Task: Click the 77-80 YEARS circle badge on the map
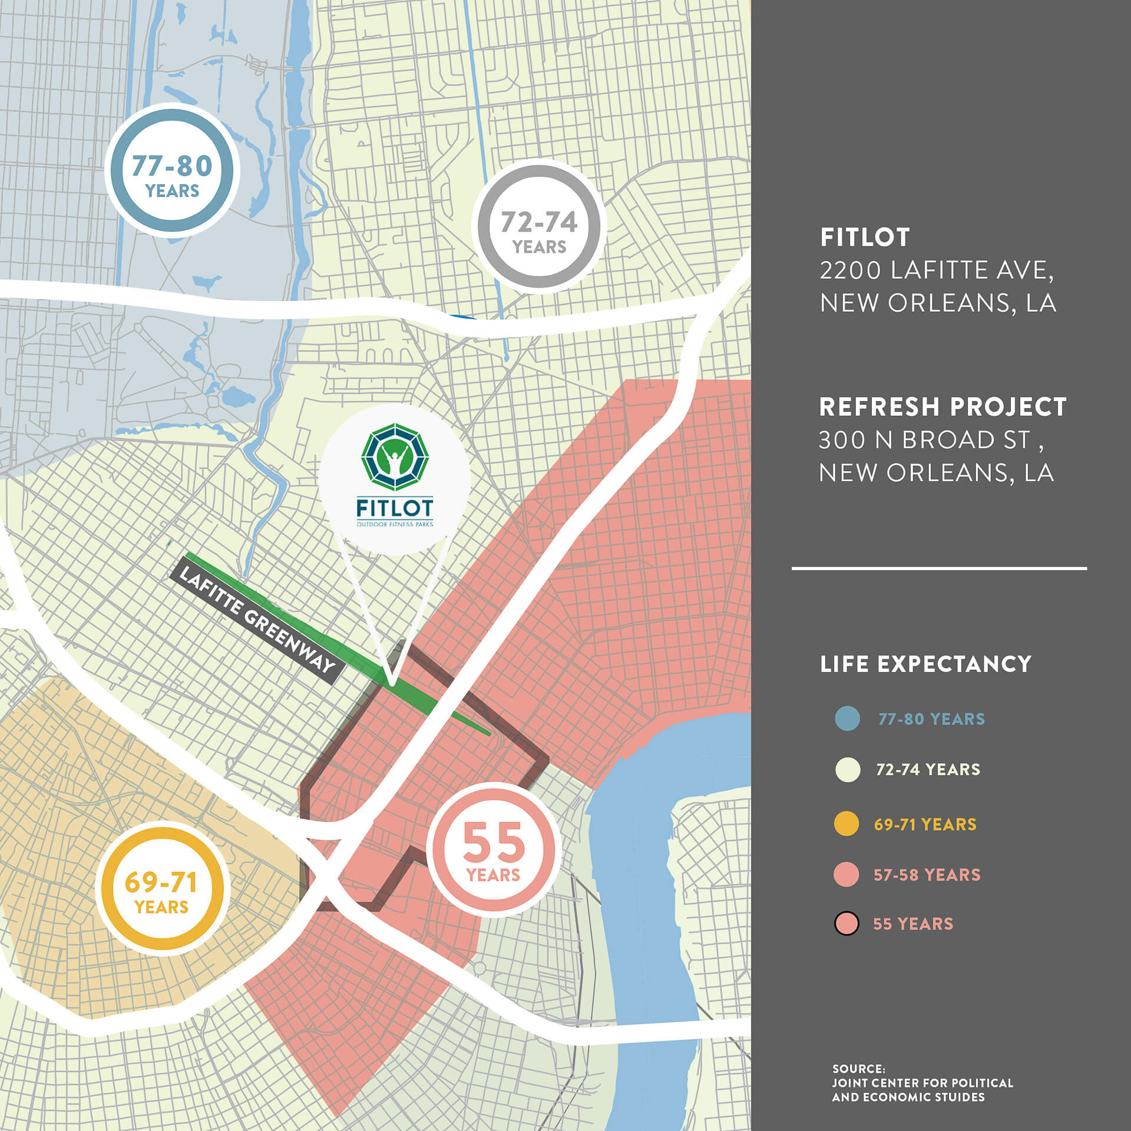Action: point(172,171)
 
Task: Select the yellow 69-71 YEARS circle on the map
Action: point(162,888)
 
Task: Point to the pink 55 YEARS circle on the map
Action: point(494,849)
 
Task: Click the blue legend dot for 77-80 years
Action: point(847,719)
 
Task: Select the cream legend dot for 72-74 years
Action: point(847,770)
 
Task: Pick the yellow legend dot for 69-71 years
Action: point(846,824)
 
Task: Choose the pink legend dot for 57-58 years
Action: point(846,874)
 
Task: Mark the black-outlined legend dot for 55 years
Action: point(846,924)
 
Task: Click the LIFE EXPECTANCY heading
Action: point(925,664)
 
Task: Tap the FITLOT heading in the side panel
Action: point(865,237)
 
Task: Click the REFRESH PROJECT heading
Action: point(943,407)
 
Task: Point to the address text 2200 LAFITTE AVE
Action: point(936,270)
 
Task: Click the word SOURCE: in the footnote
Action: point(858,1068)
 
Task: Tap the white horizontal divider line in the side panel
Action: point(939,568)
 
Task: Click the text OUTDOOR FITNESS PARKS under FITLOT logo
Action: point(395,524)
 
